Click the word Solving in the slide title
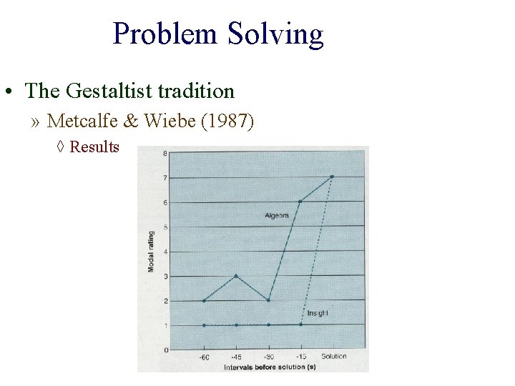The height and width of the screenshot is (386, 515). [275, 34]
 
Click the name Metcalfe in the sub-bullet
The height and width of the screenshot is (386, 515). [75, 121]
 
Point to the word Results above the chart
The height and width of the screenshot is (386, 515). [94, 147]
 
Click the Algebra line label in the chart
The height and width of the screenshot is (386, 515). [277, 214]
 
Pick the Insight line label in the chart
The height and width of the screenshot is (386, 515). [318, 313]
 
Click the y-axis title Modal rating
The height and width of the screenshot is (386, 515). [151, 251]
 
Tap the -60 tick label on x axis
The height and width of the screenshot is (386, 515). [204, 356]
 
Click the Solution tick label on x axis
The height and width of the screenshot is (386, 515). [333, 356]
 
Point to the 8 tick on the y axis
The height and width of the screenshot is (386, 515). [165, 154]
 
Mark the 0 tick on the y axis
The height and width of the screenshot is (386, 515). [165, 350]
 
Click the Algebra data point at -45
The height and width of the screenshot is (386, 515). [236, 276]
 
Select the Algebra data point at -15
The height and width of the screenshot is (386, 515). [300, 202]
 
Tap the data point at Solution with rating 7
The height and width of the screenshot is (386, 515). [333, 177]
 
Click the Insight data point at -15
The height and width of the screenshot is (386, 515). [300, 325]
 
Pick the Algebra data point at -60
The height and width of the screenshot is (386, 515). [204, 301]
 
